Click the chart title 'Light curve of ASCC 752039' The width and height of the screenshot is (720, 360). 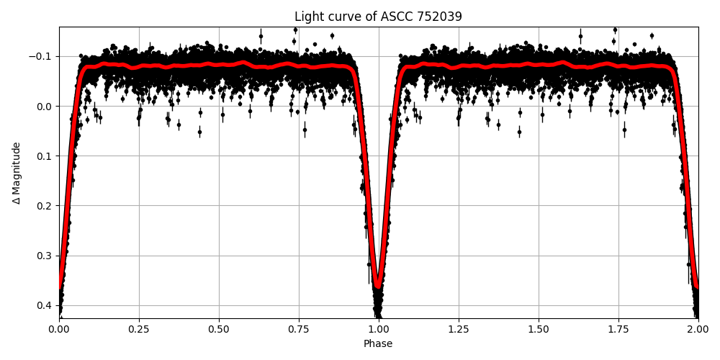coord(378,17)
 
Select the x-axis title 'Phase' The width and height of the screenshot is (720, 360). coord(378,344)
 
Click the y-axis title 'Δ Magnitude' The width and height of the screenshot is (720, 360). coord(17,173)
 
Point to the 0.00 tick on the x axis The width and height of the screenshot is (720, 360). coord(59,328)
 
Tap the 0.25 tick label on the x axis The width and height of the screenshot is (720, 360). coord(139,328)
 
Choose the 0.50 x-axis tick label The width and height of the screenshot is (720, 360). coord(219,328)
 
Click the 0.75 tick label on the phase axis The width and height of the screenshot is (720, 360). coord(299,328)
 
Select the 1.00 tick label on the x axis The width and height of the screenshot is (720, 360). coord(379,328)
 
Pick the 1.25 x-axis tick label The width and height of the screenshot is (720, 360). coord(459,328)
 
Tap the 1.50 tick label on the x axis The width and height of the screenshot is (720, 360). coord(539,328)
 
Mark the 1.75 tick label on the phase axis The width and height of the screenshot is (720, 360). coord(618,328)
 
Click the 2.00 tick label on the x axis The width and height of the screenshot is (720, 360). coord(698,328)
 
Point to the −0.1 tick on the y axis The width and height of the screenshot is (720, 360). coord(41,57)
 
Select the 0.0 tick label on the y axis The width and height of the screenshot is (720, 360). coord(45,107)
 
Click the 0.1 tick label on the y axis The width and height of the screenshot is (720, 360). coord(45,156)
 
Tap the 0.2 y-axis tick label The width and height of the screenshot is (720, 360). coord(45,206)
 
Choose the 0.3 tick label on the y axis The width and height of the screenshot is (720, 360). coord(45,256)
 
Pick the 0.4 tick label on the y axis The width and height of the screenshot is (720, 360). coord(45,305)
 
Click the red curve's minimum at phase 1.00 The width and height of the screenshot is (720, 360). coord(378,286)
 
